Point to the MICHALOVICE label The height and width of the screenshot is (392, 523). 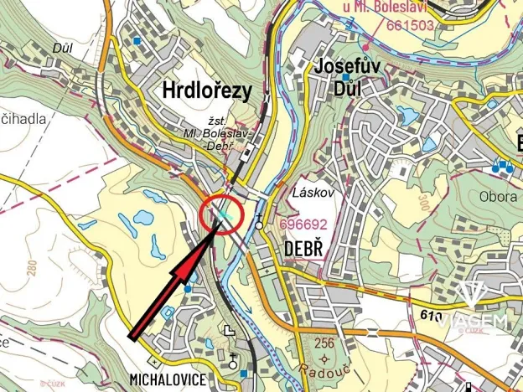[x=168, y=379]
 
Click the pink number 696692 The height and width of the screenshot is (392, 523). [x=303, y=224]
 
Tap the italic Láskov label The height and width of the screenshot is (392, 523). [x=313, y=193]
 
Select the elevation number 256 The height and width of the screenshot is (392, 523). [x=323, y=343]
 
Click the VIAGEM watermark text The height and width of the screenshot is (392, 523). [x=473, y=322]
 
